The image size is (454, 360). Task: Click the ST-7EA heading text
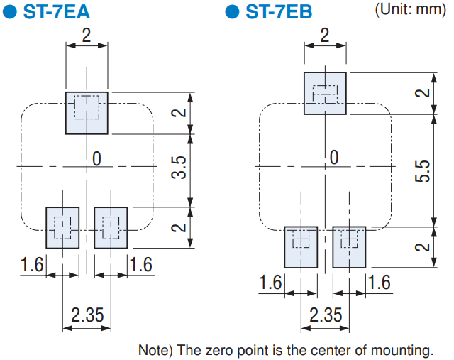tap(57, 11)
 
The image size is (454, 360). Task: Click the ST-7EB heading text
tap(279, 11)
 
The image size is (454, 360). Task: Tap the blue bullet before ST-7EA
tap(9, 12)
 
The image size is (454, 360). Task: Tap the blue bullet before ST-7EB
tap(232, 12)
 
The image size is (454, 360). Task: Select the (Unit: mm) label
tap(410, 9)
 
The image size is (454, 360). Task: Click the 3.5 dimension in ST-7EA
tap(179, 168)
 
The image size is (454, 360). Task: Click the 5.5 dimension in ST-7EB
tap(423, 171)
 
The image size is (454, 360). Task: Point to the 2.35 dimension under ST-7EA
tap(87, 315)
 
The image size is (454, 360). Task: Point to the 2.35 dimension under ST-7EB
tap(326, 315)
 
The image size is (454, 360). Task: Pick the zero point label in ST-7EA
tap(96, 159)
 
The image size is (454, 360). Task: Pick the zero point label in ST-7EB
tap(334, 158)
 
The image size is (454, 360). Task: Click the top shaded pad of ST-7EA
tap(87, 113)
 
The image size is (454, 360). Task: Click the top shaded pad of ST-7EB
tap(325, 93)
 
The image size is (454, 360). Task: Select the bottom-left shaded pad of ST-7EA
tap(62, 227)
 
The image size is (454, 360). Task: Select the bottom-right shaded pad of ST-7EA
tap(111, 227)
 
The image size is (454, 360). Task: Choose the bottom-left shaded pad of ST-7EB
tap(301, 247)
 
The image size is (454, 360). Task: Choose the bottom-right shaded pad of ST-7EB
tap(349, 247)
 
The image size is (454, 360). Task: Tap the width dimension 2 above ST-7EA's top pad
tap(87, 36)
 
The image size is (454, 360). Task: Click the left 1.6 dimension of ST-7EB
tap(270, 283)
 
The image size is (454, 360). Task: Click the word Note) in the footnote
tap(155, 350)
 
